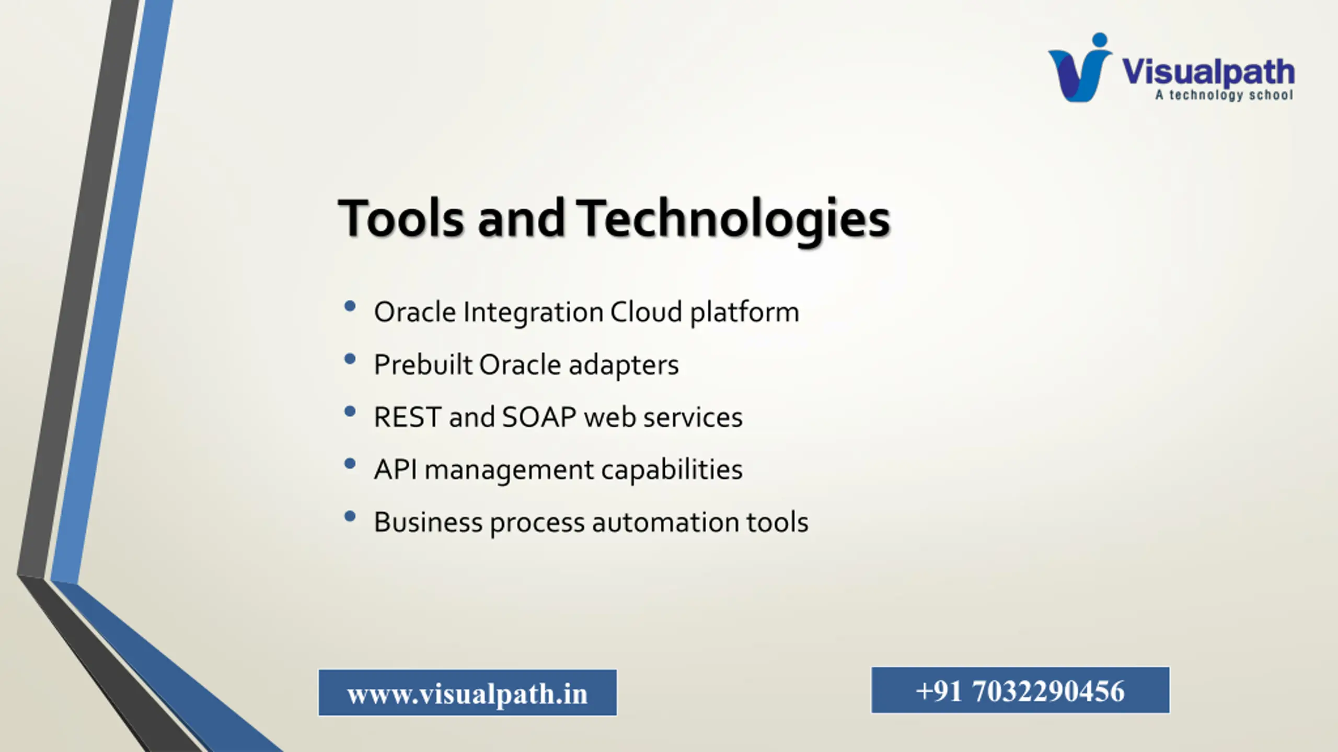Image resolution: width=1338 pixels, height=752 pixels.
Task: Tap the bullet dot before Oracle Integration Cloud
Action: pos(350,306)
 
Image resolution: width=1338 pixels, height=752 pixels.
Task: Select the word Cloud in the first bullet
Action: pos(646,312)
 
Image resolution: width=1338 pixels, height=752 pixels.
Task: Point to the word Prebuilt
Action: pos(423,365)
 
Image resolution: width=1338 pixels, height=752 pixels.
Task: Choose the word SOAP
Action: pos(539,417)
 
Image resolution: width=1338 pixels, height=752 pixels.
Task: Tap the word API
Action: pos(395,469)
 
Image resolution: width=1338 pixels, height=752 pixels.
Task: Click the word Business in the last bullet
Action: pos(428,522)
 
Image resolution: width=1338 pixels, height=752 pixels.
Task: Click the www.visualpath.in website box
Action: pos(468,692)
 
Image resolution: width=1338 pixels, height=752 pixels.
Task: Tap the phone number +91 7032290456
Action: pos(1020,690)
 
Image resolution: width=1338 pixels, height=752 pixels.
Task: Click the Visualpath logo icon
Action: pos(1079,67)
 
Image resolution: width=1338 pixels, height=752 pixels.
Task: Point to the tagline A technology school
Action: pos(1224,95)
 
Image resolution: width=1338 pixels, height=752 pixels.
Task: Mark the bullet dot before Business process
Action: pos(350,516)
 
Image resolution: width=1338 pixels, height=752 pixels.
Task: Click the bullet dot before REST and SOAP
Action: pos(350,412)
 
